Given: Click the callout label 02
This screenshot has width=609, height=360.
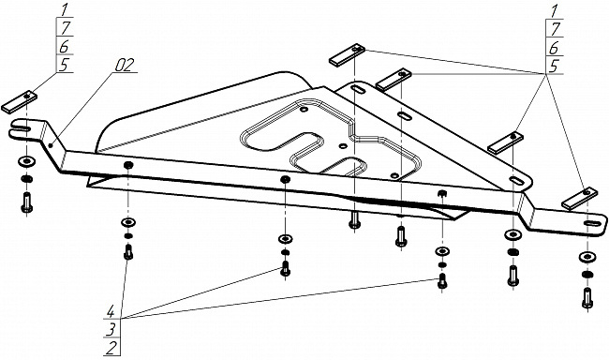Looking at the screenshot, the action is [125, 65].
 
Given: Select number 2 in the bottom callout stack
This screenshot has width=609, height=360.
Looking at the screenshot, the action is [111, 348].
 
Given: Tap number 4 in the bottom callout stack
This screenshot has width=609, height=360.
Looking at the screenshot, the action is [111, 312].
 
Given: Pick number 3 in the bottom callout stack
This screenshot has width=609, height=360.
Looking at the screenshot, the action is [111, 330].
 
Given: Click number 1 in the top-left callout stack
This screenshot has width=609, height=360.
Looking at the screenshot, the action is [64, 9].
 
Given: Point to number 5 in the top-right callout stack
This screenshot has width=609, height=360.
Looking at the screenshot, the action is [555, 66].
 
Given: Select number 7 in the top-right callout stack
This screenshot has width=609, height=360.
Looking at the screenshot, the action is [555, 29].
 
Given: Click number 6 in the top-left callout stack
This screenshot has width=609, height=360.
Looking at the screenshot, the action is [64, 46].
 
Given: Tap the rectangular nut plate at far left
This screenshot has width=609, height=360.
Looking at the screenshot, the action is [20, 102].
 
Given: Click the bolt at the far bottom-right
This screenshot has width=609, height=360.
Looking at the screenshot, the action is [587, 298].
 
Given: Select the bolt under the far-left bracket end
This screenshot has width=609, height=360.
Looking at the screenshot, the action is [27, 202].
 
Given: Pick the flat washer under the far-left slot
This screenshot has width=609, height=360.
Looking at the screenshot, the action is [26, 160].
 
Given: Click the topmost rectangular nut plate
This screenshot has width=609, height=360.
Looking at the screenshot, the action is [347, 54].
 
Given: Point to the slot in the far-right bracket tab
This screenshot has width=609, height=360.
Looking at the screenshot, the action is [590, 223].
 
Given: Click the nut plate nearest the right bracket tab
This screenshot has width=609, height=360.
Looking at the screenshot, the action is [579, 199].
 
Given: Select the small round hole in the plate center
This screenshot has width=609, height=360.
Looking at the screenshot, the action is [343, 146].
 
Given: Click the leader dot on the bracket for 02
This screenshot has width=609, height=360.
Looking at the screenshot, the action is [52, 146].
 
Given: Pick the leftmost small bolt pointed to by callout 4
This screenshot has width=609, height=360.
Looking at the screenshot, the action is [128, 252].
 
